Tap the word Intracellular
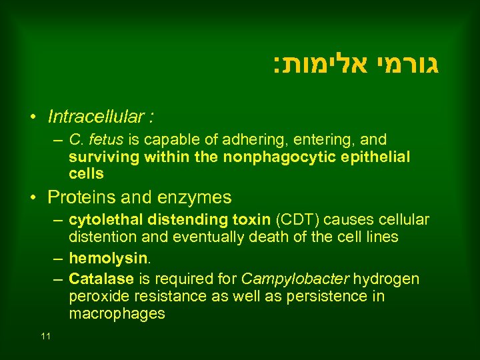pos(97,117)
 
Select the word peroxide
pos(98,296)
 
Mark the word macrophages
pos(117,314)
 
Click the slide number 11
pos(45,336)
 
